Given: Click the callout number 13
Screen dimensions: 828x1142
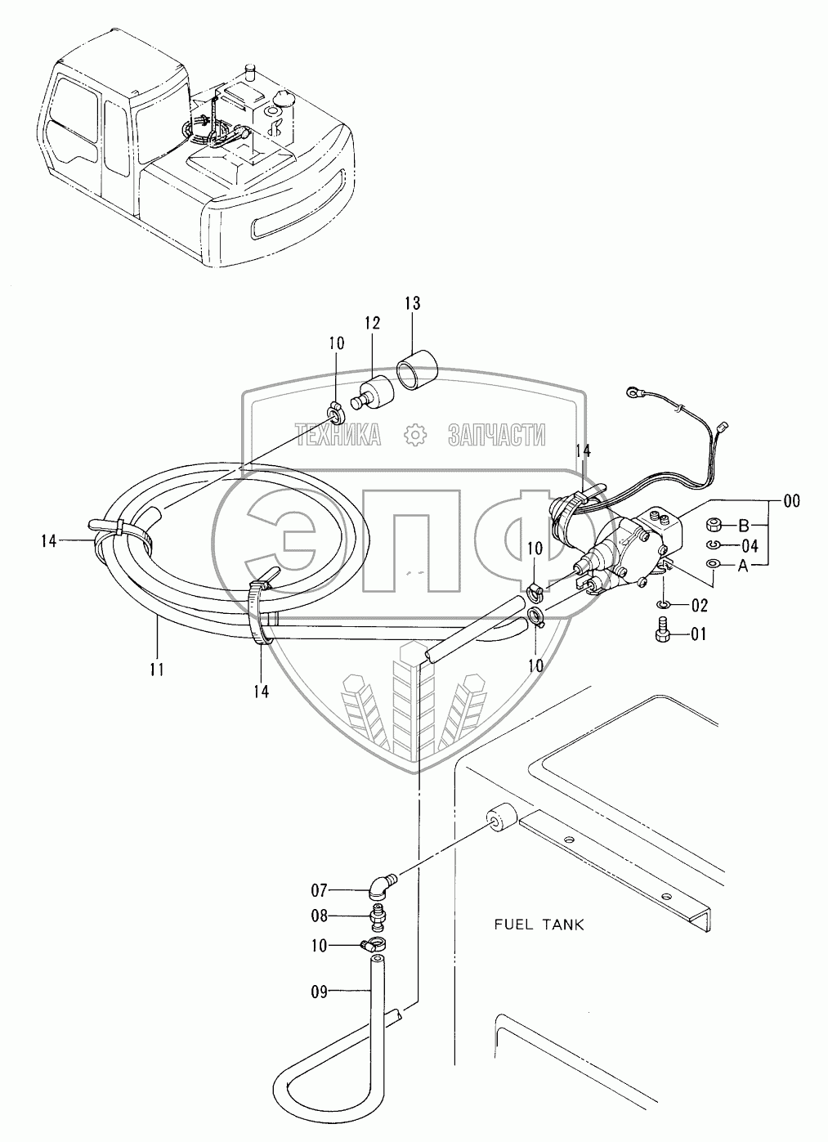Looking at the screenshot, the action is [413, 303].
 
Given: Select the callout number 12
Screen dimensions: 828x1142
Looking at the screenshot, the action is [373, 323].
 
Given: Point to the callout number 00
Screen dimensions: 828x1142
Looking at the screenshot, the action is [792, 501].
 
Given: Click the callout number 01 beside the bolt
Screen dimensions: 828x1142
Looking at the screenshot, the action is [699, 634].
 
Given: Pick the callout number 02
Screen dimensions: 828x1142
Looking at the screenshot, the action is [700, 606].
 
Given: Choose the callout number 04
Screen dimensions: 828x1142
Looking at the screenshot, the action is [750, 547].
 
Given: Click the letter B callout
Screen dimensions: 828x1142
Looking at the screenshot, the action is [744, 525].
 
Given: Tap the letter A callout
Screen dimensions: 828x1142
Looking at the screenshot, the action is [743, 566].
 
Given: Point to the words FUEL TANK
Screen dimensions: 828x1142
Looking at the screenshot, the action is [539, 925].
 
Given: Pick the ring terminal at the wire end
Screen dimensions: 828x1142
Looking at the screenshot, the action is [633, 392].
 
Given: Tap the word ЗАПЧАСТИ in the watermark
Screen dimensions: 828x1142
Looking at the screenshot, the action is [497, 435].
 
